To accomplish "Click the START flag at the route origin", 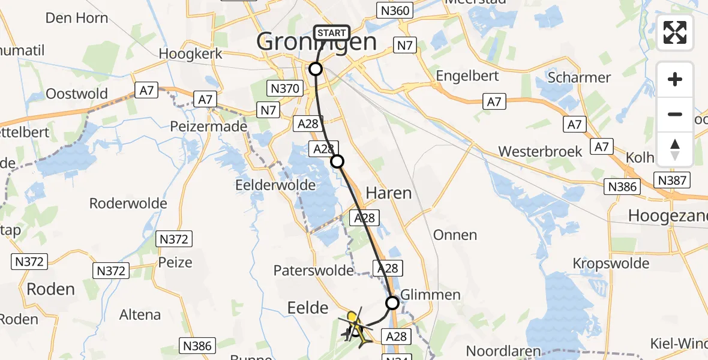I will click(331, 32).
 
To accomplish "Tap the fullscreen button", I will click(675, 32).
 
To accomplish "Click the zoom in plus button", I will click(675, 79).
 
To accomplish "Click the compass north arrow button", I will click(675, 149).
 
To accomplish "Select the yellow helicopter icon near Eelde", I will click(356, 324).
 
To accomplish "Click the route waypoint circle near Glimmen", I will click(392, 303).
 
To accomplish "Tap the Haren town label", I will click(389, 193).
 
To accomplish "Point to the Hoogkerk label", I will click(191, 54).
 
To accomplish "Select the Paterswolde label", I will click(314, 271).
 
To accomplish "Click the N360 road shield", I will click(394, 10).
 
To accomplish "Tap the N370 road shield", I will click(285, 89).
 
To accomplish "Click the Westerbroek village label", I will click(540, 151).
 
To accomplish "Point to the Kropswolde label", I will click(611, 263).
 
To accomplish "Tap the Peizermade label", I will click(209, 127).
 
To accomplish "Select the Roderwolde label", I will click(128, 203).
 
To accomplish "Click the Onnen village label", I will click(455, 235).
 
